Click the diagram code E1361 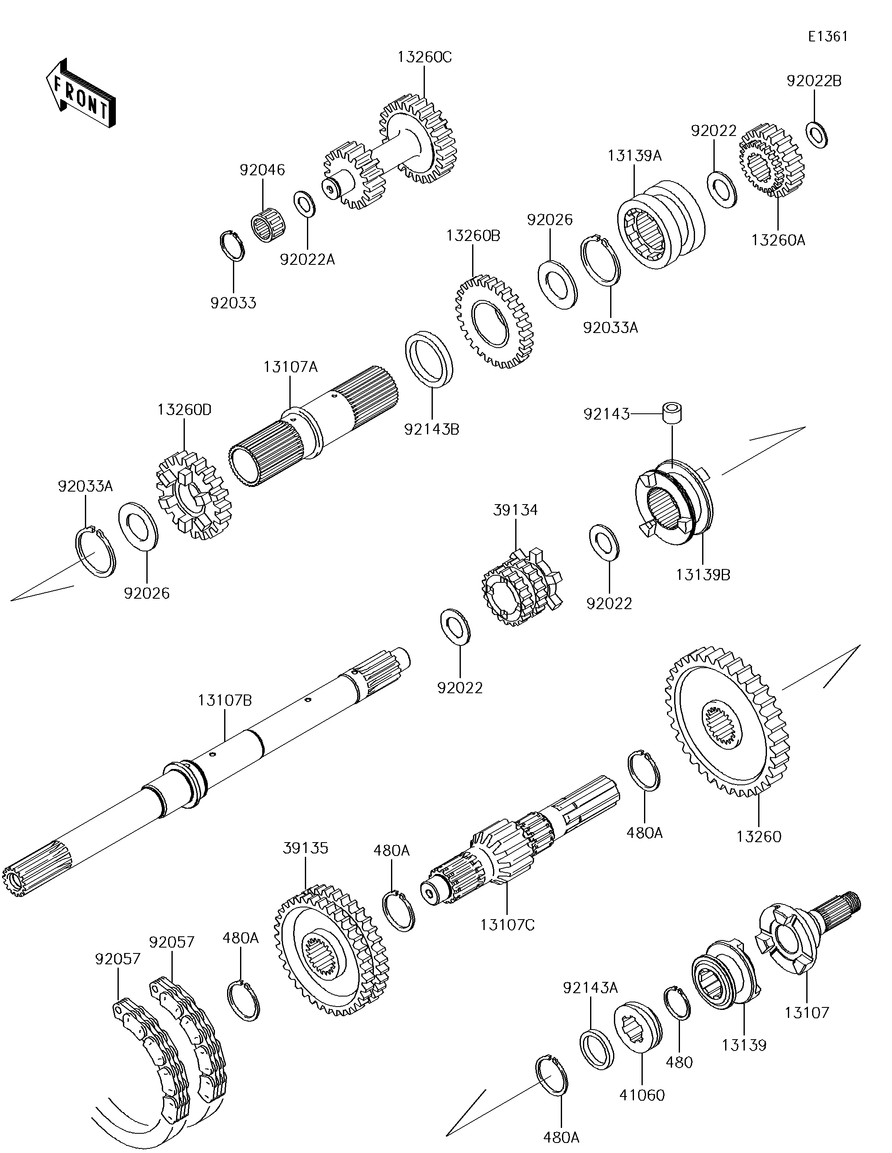828,37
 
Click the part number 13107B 225,701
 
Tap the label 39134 515,510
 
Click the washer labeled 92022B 817,135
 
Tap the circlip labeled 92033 232,246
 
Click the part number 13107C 507,925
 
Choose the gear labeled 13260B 494,321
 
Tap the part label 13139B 703,575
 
